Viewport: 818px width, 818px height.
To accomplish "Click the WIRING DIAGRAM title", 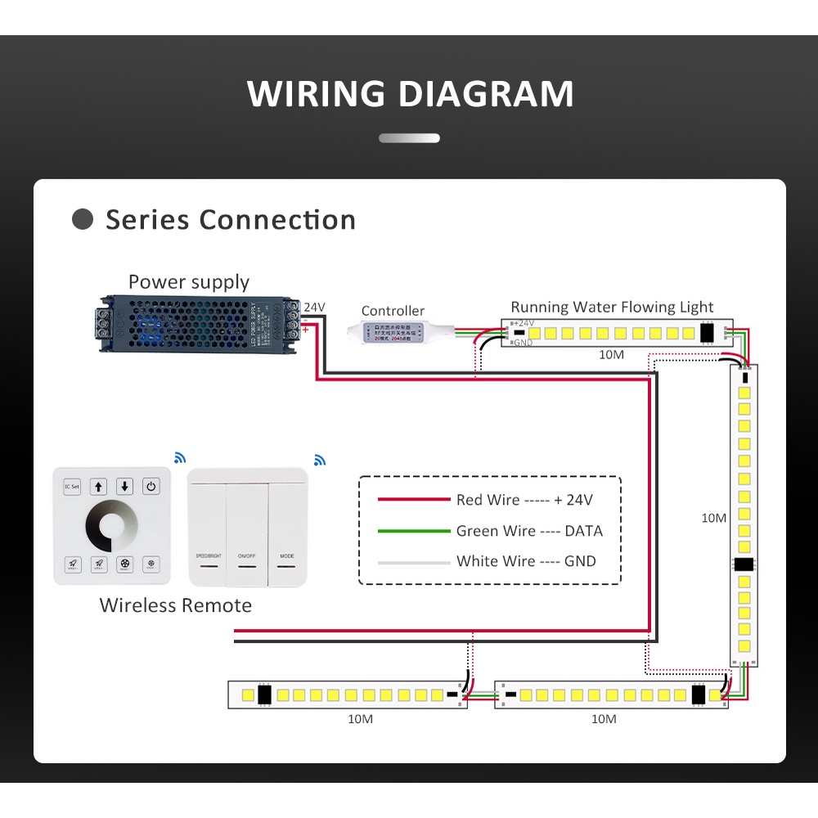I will tap(410, 93).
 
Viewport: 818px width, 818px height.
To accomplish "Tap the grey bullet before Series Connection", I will tap(83, 219).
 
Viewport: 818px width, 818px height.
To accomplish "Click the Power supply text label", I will tap(189, 282).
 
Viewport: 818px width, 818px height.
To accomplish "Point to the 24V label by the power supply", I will tap(315, 308).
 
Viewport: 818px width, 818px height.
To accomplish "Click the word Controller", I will tap(393, 311).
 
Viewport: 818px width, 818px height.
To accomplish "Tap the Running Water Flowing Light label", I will tap(612, 308).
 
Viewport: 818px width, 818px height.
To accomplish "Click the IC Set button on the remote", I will tap(72, 487).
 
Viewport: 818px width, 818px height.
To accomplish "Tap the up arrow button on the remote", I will tap(98, 487).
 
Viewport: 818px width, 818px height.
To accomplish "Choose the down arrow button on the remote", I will tap(124, 487).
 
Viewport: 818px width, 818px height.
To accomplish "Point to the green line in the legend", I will tap(414, 531).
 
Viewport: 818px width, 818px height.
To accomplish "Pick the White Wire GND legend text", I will tap(526, 561).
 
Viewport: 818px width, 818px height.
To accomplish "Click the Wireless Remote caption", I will tap(176, 605).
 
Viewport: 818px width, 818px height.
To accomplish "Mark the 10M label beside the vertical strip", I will tap(714, 518).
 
